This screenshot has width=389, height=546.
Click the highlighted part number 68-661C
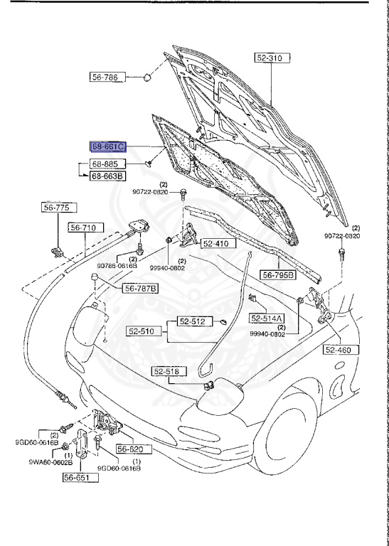click(x=109, y=146)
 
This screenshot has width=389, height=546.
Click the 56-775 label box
click(x=56, y=208)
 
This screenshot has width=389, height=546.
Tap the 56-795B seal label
click(x=277, y=274)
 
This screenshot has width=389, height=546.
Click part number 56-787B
click(x=141, y=288)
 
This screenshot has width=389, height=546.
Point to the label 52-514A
click(x=267, y=318)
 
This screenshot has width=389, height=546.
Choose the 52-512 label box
click(x=191, y=321)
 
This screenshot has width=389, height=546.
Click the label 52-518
click(x=169, y=371)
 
